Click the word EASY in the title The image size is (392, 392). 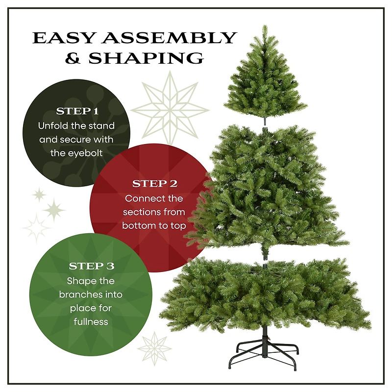click(x=62, y=38)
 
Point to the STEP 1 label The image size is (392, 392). click(x=77, y=111)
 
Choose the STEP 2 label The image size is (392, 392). click(x=154, y=184)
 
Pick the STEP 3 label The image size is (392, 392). click(x=91, y=267)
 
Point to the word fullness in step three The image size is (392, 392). click(x=91, y=322)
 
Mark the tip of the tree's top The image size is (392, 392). click(x=265, y=27)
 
